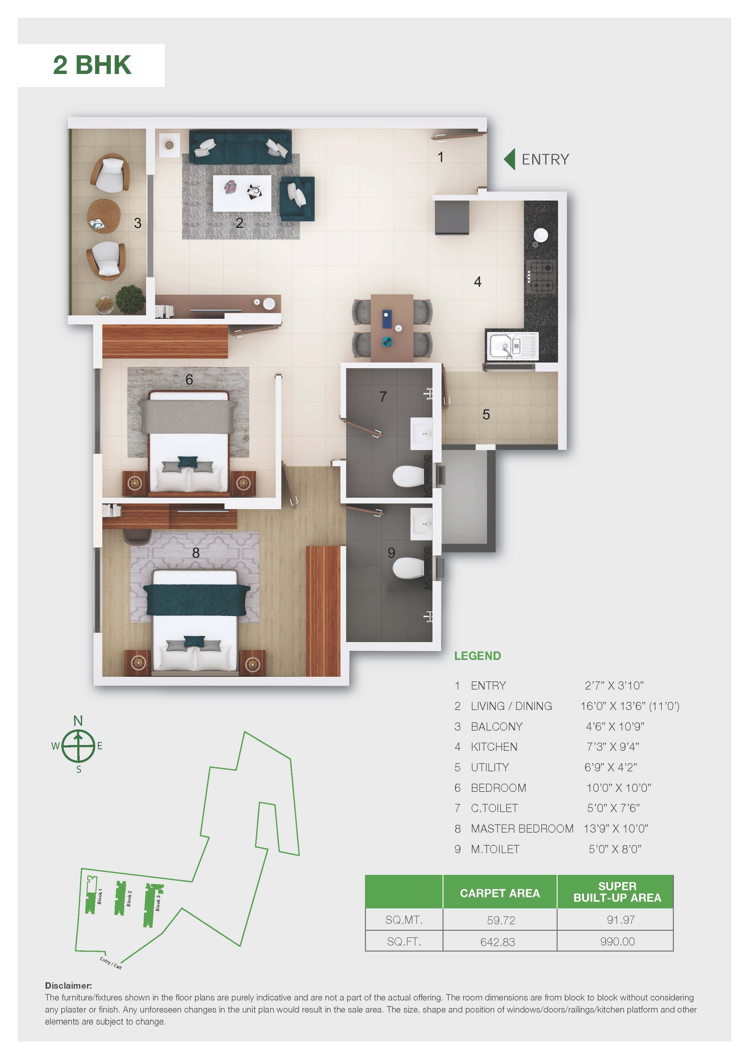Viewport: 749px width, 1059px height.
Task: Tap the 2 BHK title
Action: (x=92, y=65)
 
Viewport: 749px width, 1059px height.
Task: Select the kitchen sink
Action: (x=512, y=346)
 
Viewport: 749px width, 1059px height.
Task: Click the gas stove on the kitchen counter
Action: (x=542, y=276)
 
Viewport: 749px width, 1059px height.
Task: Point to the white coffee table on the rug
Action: (x=242, y=193)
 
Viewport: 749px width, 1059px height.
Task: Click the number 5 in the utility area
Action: (x=486, y=414)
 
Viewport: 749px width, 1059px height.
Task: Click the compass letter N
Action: (x=78, y=721)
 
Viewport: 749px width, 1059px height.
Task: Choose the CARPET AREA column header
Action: (x=500, y=893)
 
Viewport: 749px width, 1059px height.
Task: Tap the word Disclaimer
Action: (x=68, y=986)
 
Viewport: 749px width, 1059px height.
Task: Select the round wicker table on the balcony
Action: (x=104, y=216)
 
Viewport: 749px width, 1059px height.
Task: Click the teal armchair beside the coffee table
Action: (x=297, y=198)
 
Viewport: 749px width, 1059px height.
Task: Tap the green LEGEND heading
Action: (x=477, y=656)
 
